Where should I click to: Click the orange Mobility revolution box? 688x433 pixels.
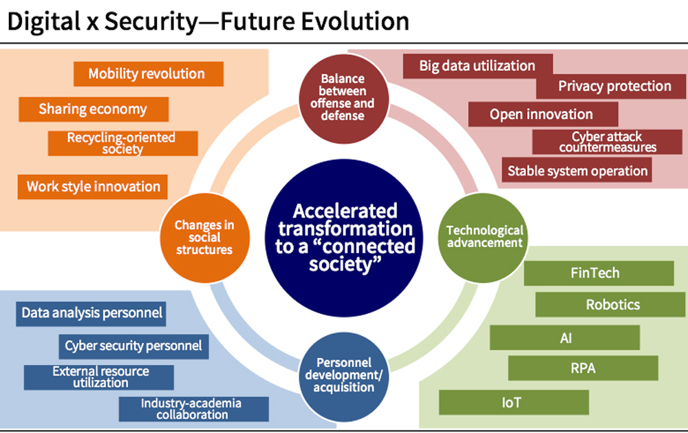click(149, 74)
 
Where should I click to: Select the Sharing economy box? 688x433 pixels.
click(94, 109)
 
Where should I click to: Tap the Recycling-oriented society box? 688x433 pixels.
click(123, 143)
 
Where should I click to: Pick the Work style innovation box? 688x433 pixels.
click(93, 187)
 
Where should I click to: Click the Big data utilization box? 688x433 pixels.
click(477, 66)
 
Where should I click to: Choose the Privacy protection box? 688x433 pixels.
click(611, 87)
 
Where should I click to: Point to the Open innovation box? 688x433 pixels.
click(544, 114)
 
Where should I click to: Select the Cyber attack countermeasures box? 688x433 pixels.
click(608, 142)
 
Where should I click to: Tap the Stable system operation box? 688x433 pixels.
click(577, 170)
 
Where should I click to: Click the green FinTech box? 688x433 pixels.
click(599, 273)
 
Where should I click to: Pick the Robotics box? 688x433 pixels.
click(610, 305)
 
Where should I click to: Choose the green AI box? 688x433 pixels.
click(565, 338)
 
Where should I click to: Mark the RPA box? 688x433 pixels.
click(583, 368)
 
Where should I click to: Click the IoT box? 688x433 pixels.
click(514, 402)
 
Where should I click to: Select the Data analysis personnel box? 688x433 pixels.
click(91, 314)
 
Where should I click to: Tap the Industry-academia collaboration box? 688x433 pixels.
click(193, 410)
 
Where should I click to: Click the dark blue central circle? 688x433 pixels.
click(345, 238)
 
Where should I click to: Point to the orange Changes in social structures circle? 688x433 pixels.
click(205, 238)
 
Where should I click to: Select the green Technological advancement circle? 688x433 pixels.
click(483, 238)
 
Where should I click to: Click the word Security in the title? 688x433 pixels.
click(152, 22)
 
